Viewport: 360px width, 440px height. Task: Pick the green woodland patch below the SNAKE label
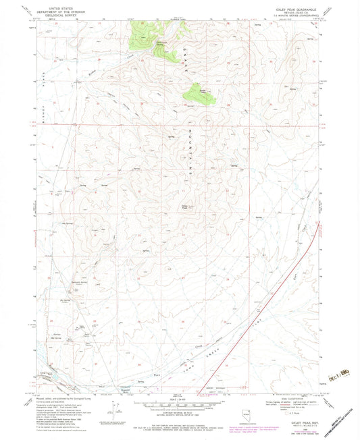(201, 94)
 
